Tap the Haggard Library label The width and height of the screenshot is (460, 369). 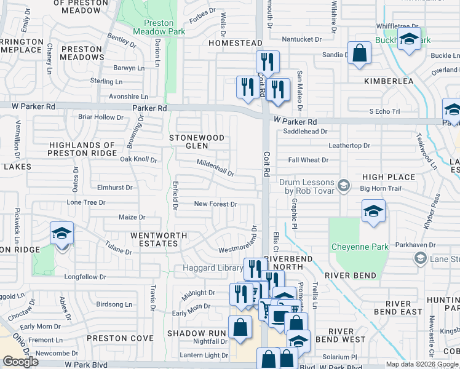(x=212, y=268)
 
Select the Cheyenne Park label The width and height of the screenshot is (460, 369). (x=360, y=247)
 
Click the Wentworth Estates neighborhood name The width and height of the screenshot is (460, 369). (x=154, y=239)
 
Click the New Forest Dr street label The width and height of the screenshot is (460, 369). (x=215, y=204)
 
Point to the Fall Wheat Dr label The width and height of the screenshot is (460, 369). (x=308, y=160)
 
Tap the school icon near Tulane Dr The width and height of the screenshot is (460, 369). (x=61, y=234)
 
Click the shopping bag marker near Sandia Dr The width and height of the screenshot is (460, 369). (x=359, y=54)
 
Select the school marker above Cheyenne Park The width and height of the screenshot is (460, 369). (x=373, y=212)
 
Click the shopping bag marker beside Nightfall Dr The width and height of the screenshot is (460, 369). (x=240, y=328)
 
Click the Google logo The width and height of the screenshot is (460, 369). (x=20, y=362)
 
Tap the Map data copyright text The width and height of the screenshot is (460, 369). (x=422, y=364)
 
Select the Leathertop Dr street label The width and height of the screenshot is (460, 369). (x=349, y=146)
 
